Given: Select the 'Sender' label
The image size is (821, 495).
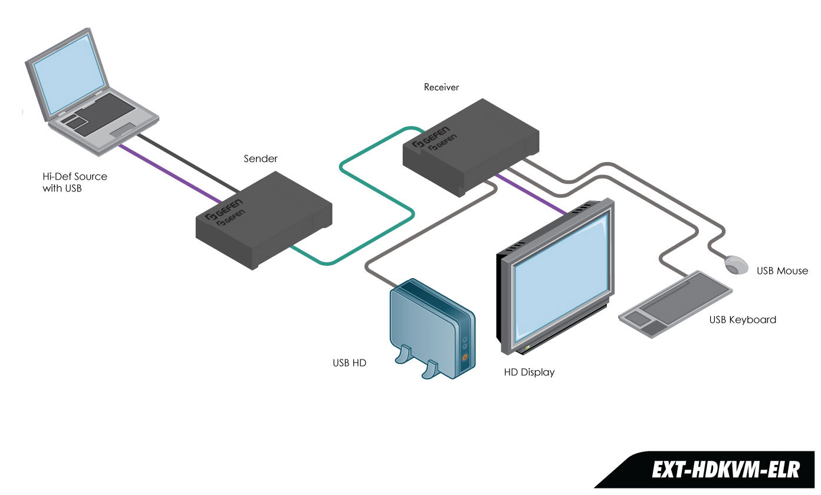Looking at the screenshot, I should click(x=260, y=159).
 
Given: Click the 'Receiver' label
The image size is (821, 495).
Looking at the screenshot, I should click(x=441, y=87).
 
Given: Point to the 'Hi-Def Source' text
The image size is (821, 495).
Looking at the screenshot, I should click(x=75, y=176).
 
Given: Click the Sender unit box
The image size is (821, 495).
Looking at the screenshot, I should click(x=264, y=222).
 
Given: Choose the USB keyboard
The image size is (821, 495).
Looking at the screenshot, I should click(x=675, y=305).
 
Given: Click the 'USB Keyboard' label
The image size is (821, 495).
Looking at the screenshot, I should click(x=743, y=320).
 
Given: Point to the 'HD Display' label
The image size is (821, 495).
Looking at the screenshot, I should click(x=529, y=372).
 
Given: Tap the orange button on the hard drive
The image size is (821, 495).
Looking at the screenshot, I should click(x=465, y=357).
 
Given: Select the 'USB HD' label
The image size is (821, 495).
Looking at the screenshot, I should click(x=349, y=363).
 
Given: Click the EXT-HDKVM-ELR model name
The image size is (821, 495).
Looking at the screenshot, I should click(x=725, y=470).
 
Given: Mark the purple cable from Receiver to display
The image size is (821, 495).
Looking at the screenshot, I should click(x=531, y=194).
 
